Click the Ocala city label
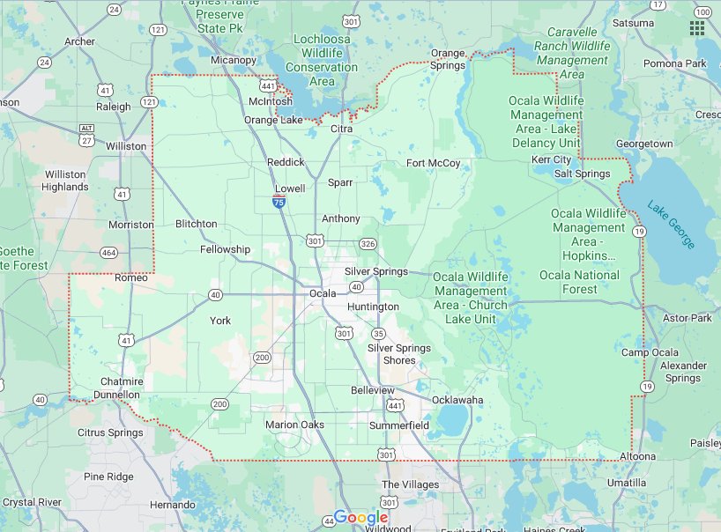point(323,292)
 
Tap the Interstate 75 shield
point(279,203)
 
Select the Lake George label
point(671,225)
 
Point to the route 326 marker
point(368,243)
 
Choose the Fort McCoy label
point(433,163)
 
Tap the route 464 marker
point(109,253)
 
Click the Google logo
point(361,517)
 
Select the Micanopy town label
point(234,60)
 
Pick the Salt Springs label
point(582,174)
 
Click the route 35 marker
point(378,333)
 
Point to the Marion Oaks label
point(294,425)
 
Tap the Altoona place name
point(637,456)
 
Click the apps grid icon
point(697,28)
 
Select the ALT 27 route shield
point(86,135)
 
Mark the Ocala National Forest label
point(579,282)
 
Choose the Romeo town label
point(131,277)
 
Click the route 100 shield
point(702,11)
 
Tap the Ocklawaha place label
point(457,400)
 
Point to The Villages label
point(410,484)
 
